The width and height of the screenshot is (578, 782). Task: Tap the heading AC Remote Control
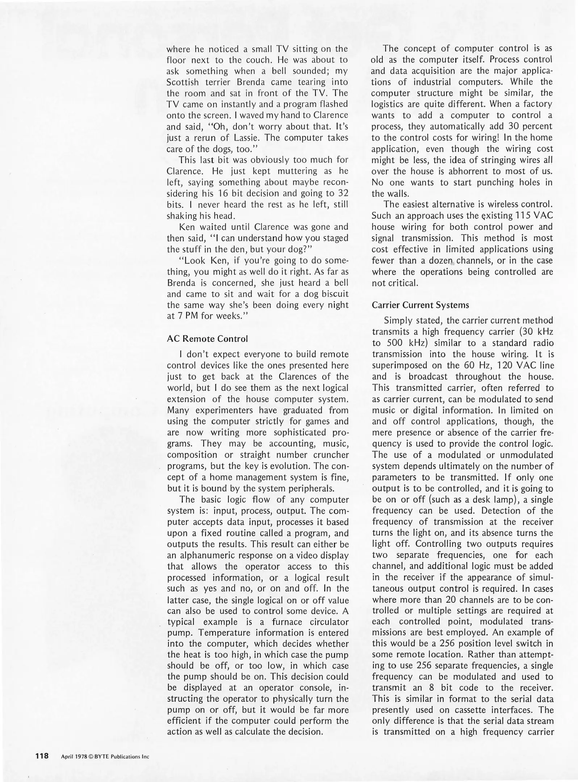207,339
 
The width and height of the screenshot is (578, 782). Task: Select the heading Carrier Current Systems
420,305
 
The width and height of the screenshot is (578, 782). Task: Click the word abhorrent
468,171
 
